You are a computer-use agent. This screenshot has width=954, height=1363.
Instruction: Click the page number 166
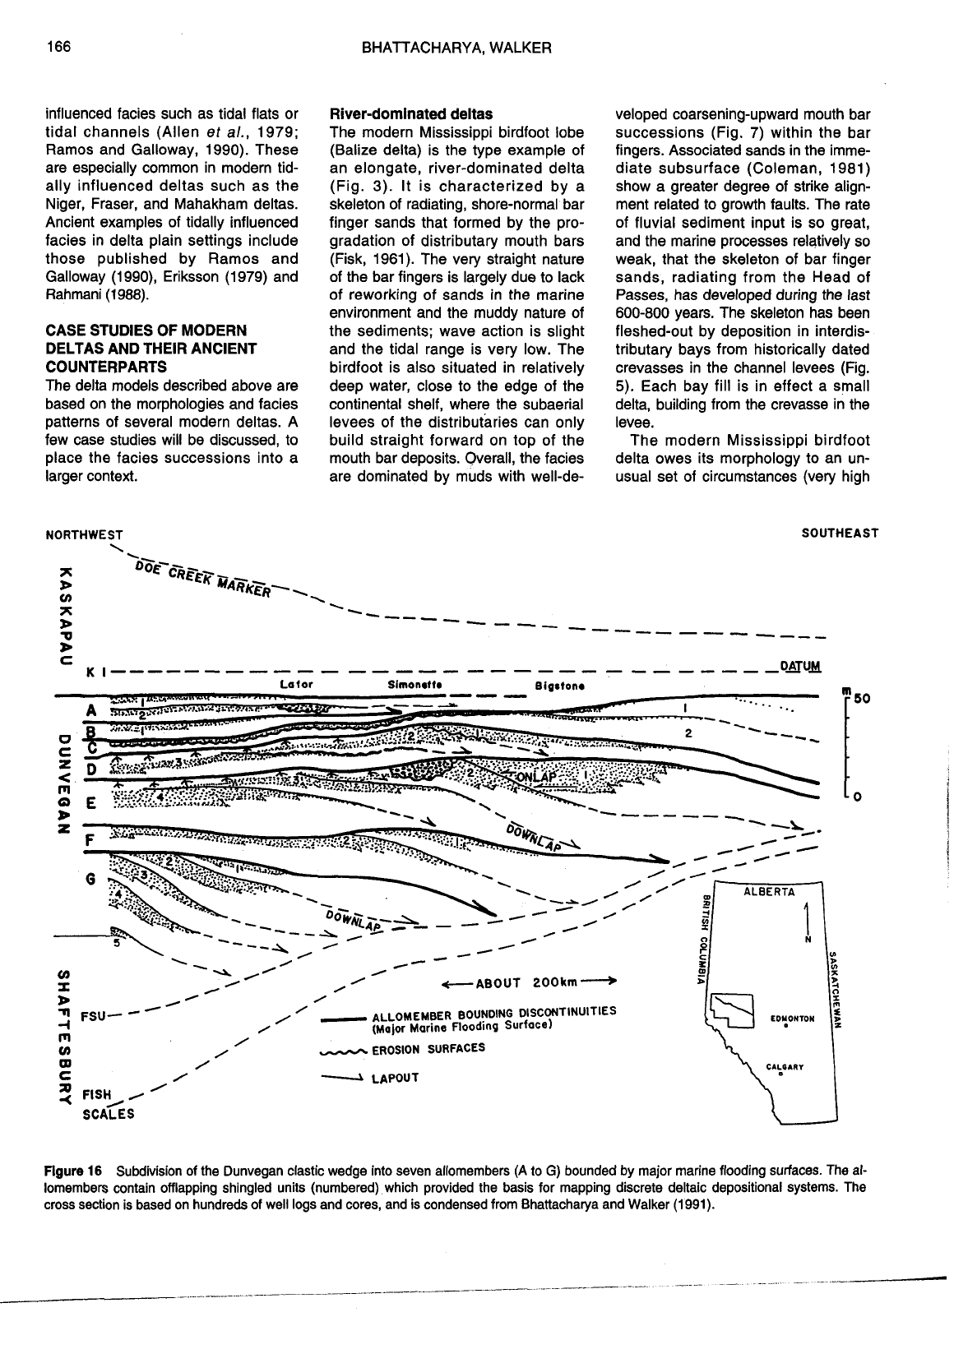pyautogui.click(x=58, y=48)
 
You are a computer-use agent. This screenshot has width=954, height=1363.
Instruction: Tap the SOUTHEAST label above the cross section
pyautogui.click(x=840, y=533)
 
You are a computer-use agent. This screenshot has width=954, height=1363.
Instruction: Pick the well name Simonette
pyautogui.click(x=414, y=685)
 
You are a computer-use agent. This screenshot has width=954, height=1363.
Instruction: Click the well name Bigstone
pyautogui.click(x=559, y=685)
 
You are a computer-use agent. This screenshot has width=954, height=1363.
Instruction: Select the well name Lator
pyautogui.click(x=296, y=684)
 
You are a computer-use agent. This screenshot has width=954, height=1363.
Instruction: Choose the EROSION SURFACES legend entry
pyautogui.click(x=428, y=1049)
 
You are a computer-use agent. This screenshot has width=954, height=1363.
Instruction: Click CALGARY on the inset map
pyautogui.click(x=785, y=1069)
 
